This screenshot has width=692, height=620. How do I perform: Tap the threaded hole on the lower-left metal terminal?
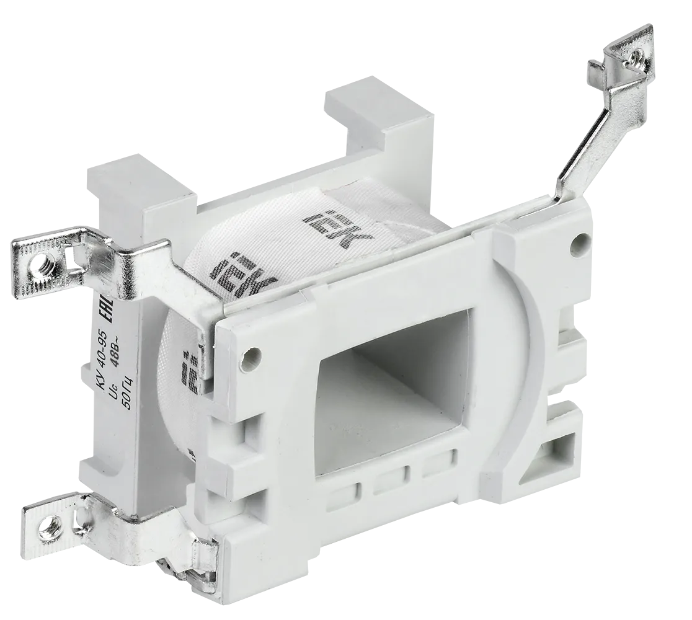(x=46, y=529)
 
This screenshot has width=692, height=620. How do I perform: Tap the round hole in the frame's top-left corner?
(x=251, y=358)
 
